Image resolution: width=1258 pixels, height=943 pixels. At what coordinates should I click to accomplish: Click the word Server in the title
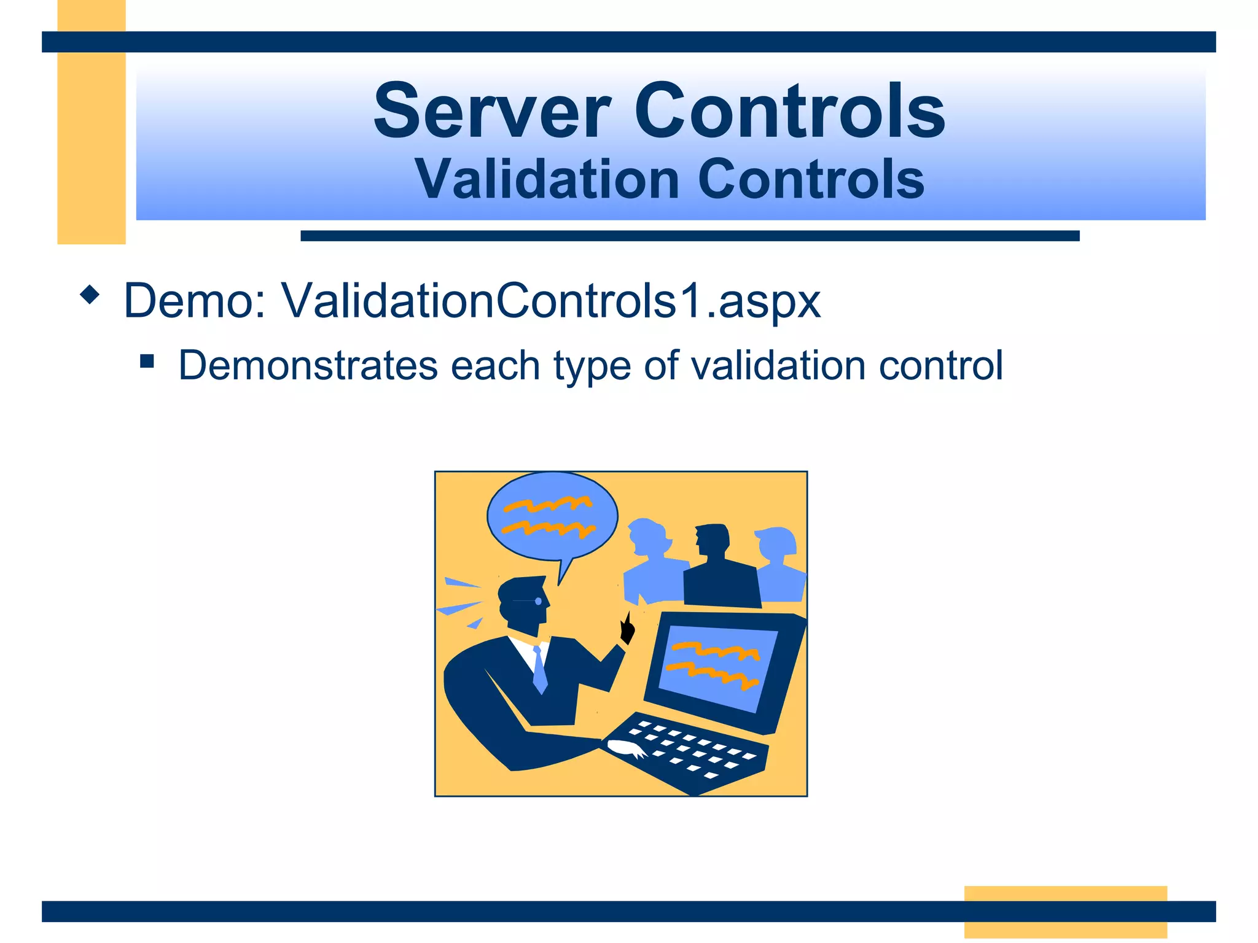coord(492,112)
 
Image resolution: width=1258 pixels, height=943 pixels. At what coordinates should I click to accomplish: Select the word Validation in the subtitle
coord(546,179)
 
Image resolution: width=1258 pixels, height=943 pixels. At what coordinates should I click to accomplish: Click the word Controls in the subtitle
coord(811,179)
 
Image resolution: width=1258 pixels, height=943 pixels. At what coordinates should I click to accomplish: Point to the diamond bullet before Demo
coord(90,295)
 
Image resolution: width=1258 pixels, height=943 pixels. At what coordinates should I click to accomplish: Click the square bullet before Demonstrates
coord(147,360)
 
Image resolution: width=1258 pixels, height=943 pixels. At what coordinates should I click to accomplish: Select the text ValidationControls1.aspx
coord(550,301)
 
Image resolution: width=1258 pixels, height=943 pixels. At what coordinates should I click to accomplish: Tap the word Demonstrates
coord(307,366)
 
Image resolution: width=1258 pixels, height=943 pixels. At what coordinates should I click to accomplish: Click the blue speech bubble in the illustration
coord(552,516)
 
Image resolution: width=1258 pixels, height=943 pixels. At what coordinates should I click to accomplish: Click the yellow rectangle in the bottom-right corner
coord(1065,911)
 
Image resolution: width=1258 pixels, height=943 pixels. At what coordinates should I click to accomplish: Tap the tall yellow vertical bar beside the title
coord(92,123)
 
